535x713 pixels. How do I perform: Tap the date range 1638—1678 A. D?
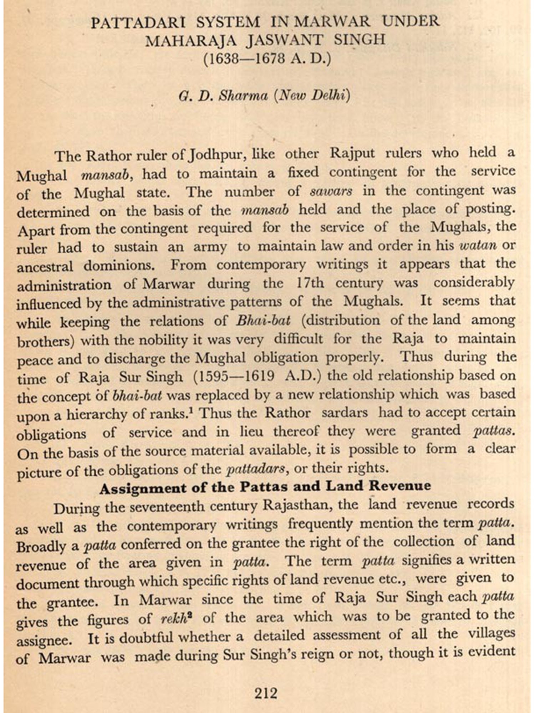pos(267,58)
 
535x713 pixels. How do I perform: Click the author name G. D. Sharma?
pos(223,96)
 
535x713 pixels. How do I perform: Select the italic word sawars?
pos(331,192)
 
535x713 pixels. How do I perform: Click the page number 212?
pos(266,693)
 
